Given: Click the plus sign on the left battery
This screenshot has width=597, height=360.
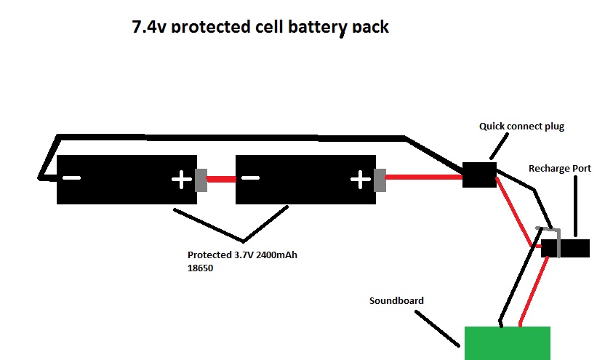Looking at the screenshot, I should pos(180,179).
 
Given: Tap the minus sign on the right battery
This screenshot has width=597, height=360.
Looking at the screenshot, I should pos(249,178).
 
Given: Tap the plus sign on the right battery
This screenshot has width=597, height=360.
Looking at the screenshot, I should pos(358,178).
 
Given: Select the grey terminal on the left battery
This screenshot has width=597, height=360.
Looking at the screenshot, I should pos(201,180).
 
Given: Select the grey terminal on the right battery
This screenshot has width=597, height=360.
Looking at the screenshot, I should pos(380,180).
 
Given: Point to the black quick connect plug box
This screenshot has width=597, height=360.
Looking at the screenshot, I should pos(479,175).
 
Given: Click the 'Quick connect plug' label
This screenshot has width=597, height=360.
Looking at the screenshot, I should pos(521,126).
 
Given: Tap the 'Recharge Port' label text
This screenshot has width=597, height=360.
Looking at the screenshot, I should pos(559,168).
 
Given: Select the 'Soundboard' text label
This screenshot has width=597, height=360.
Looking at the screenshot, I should pos(396,300).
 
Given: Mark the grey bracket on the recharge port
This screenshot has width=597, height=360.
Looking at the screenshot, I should pos(553,240).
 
